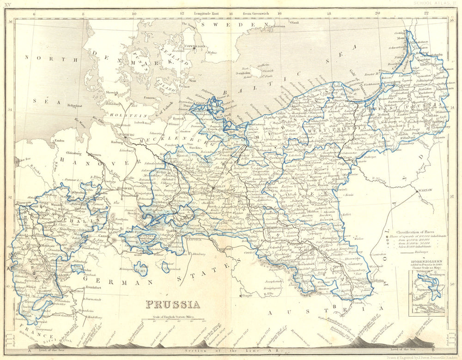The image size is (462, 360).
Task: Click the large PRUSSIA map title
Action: pos(173,304)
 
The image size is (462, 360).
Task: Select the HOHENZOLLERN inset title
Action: pos(425,261)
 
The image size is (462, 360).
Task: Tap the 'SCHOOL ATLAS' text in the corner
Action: pos(432,3)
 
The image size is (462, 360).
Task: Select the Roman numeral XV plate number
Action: pos(7,3)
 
